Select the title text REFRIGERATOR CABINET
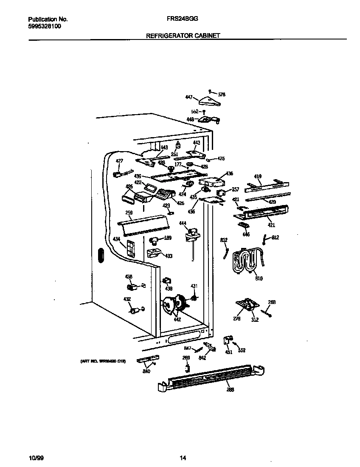[x=183, y=36]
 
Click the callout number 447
[x=189, y=97]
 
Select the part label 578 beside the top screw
[x=222, y=94]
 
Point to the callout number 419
[x=258, y=176]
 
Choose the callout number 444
[x=183, y=223]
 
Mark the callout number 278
[x=237, y=318]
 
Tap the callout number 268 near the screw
[x=272, y=302]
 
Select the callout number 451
[x=229, y=352]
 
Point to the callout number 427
[x=119, y=161]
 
